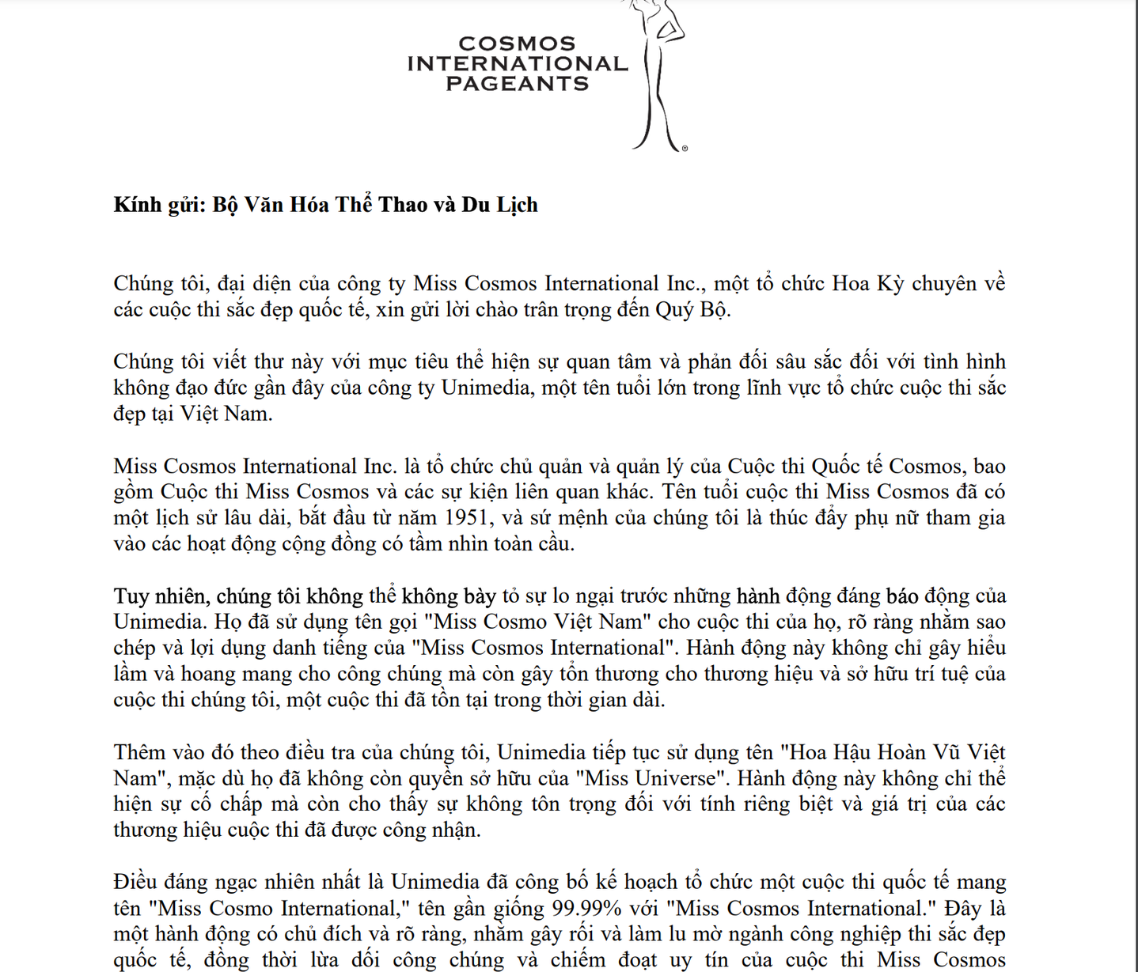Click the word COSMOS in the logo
[517, 43]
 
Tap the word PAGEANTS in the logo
[518, 84]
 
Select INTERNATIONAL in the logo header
[518, 64]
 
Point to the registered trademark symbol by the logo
[685, 148]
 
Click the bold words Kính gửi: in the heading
[160, 205]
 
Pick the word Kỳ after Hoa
[890, 283]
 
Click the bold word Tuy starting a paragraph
[131, 596]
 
